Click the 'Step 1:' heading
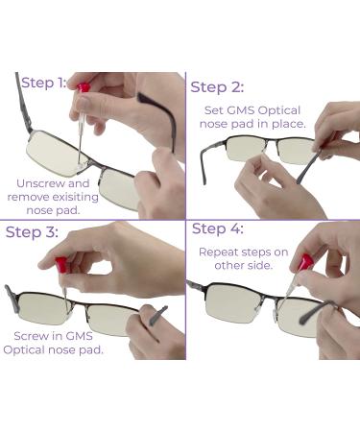[x=44, y=84]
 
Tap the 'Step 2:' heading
[x=217, y=87]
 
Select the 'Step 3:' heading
[x=32, y=232]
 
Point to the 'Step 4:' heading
[x=218, y=228]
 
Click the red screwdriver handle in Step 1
[x=83, y=87]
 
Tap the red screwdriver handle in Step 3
[x=60, y=265]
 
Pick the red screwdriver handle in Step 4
[x=305, y=262]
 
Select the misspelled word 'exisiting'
[x=75, y=197]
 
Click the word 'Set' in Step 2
[x=213, y=110]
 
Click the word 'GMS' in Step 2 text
[x=241, y=110]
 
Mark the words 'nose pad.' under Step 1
[x=53, y=210]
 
